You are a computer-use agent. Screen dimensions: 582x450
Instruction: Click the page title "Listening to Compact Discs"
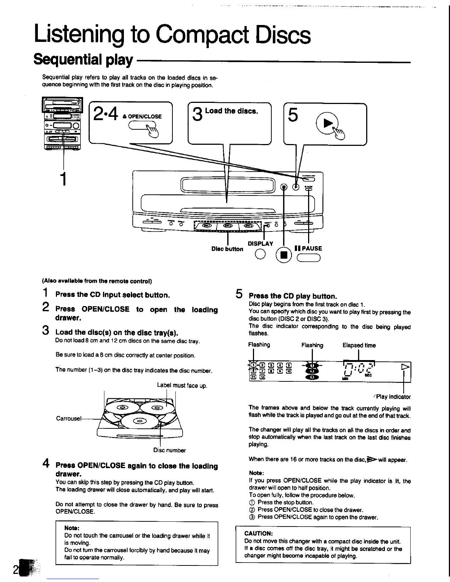(x=172, y=35)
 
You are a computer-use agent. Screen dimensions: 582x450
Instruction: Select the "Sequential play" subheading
(x=83, y=60)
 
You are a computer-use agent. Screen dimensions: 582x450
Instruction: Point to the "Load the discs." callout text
(x=232, y=111)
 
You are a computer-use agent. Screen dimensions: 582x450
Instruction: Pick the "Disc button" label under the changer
(x=227, y=249)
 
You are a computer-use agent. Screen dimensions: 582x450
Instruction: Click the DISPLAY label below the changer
(x=260, y=244)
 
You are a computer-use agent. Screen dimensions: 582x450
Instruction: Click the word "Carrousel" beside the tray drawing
(x=68, y=418)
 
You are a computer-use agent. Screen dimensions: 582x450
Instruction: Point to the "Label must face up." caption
(x=182, y=385)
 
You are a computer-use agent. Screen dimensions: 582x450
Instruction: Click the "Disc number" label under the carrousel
(x=169, y=450)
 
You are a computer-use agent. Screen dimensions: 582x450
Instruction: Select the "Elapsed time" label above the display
(x=359, y=345)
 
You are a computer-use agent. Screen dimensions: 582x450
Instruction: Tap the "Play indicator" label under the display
(x=393, y=397)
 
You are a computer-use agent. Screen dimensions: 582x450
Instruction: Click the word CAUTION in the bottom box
(x=258, y=533)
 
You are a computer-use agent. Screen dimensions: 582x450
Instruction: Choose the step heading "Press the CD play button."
(x=293, y=296)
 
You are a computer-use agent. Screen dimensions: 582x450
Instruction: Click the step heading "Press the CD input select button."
(x=113, y=295)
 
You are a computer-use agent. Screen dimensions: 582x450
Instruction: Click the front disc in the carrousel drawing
(x=140, y=421)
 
